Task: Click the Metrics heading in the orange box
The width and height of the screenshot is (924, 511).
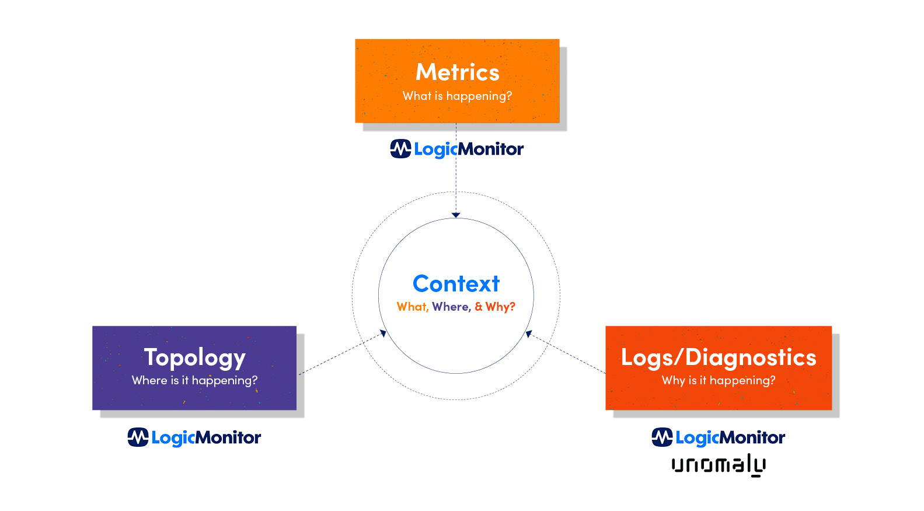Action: [457, 72]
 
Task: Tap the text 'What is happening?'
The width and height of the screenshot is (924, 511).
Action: [457, 96]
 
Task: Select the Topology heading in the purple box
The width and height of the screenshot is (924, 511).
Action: [194, 357]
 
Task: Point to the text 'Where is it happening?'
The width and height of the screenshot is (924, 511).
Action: [194, 380]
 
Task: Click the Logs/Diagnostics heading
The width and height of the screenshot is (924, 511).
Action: [718, 357]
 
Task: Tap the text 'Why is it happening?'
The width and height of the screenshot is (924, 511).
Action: [718, 380]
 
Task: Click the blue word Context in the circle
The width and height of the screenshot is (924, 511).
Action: [456, 284]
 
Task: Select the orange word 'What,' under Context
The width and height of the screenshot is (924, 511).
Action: [412, 307]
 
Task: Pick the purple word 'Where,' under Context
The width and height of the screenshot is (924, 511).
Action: [451, 307]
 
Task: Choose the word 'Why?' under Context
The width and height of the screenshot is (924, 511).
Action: [500, 307]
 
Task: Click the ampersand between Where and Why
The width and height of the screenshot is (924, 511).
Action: [479, 307]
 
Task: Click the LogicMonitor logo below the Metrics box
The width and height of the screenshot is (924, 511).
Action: [457, 149]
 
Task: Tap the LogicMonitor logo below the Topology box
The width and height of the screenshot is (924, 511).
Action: [194, 437]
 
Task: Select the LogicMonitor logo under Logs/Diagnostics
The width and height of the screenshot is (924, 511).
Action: [718, 437]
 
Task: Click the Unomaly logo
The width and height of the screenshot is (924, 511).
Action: [718, 465]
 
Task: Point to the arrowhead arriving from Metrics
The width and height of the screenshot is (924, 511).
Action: [456, 215]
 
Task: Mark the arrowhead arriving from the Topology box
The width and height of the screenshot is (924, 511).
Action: [383, 333]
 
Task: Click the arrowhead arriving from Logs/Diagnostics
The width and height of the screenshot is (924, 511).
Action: [529, 333]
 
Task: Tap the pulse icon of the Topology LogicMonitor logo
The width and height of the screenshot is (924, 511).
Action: [138, 437]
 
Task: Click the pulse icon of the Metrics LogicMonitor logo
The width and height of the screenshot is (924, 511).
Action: [400, 148]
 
